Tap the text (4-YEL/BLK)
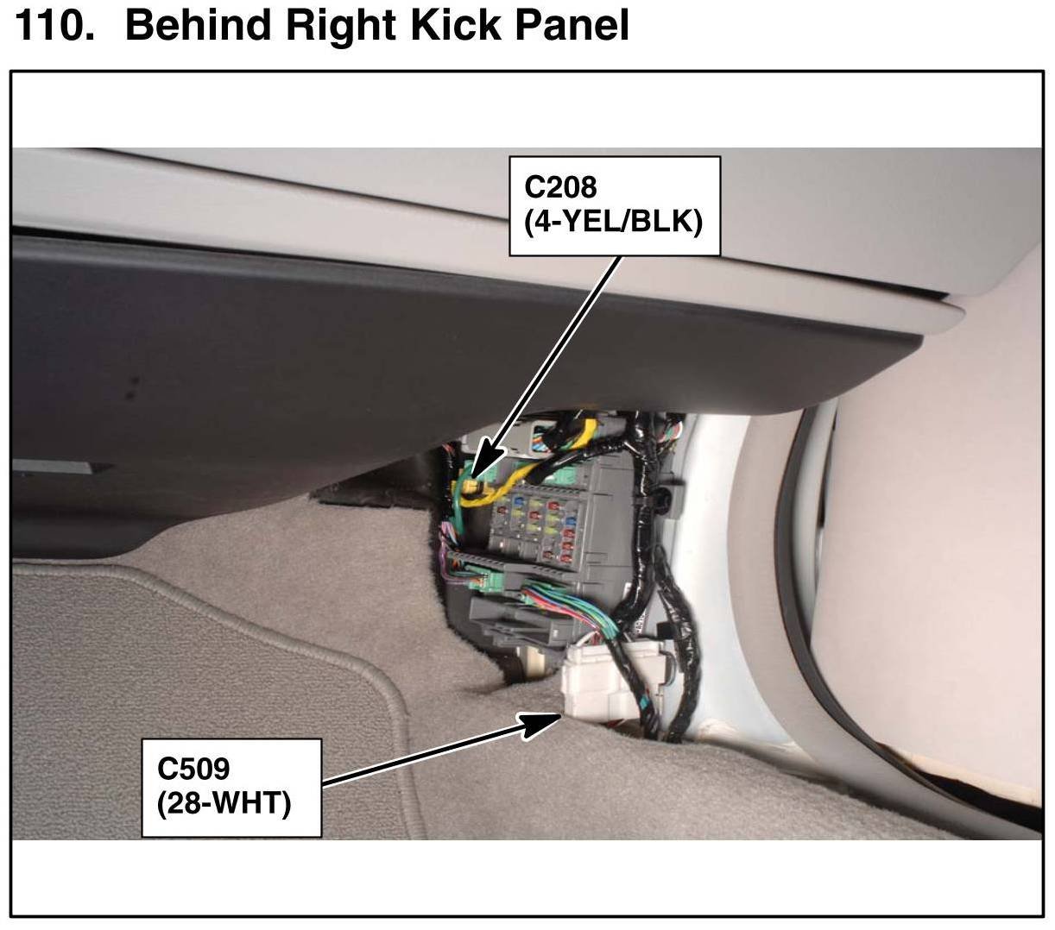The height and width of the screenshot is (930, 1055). (613, 223)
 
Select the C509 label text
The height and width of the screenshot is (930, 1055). (193, 767)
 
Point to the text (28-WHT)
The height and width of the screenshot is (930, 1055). (224, 803)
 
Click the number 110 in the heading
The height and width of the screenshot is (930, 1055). (52, 26)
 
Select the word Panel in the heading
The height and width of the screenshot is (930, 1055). (575, 26)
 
